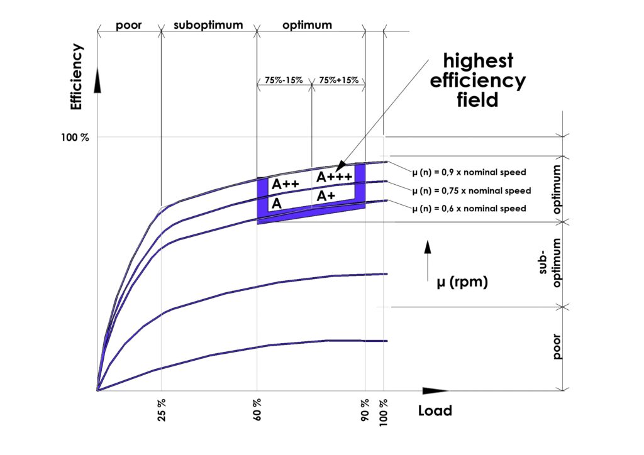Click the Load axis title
point(435,411)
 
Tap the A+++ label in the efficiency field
point(334,177)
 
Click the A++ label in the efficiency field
point(285,185)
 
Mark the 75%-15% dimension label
point(284,80)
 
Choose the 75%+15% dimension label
point(338,80)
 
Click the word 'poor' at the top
point(128,26)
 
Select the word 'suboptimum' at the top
point(208,26)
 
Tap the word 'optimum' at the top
point(307,26)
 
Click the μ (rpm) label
point(462,283)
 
